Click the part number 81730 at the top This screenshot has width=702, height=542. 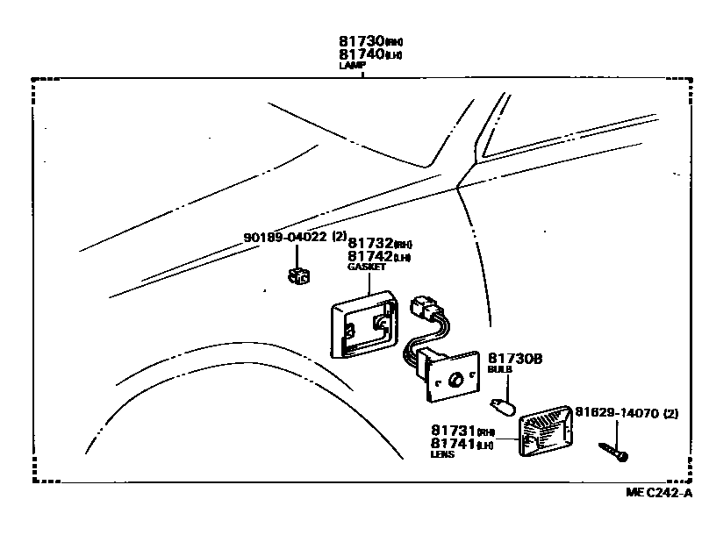(x=362, y=41)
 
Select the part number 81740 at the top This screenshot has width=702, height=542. (x=362, y=53)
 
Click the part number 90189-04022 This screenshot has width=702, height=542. (x=284, y=238)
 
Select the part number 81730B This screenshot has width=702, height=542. (x=515, y=358)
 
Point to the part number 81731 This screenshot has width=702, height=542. (x=451, y=431)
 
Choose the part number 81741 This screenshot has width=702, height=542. (x=451, y=444)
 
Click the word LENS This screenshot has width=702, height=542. (x=443, y=455)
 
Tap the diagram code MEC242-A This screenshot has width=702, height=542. (x=659, y=493)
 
